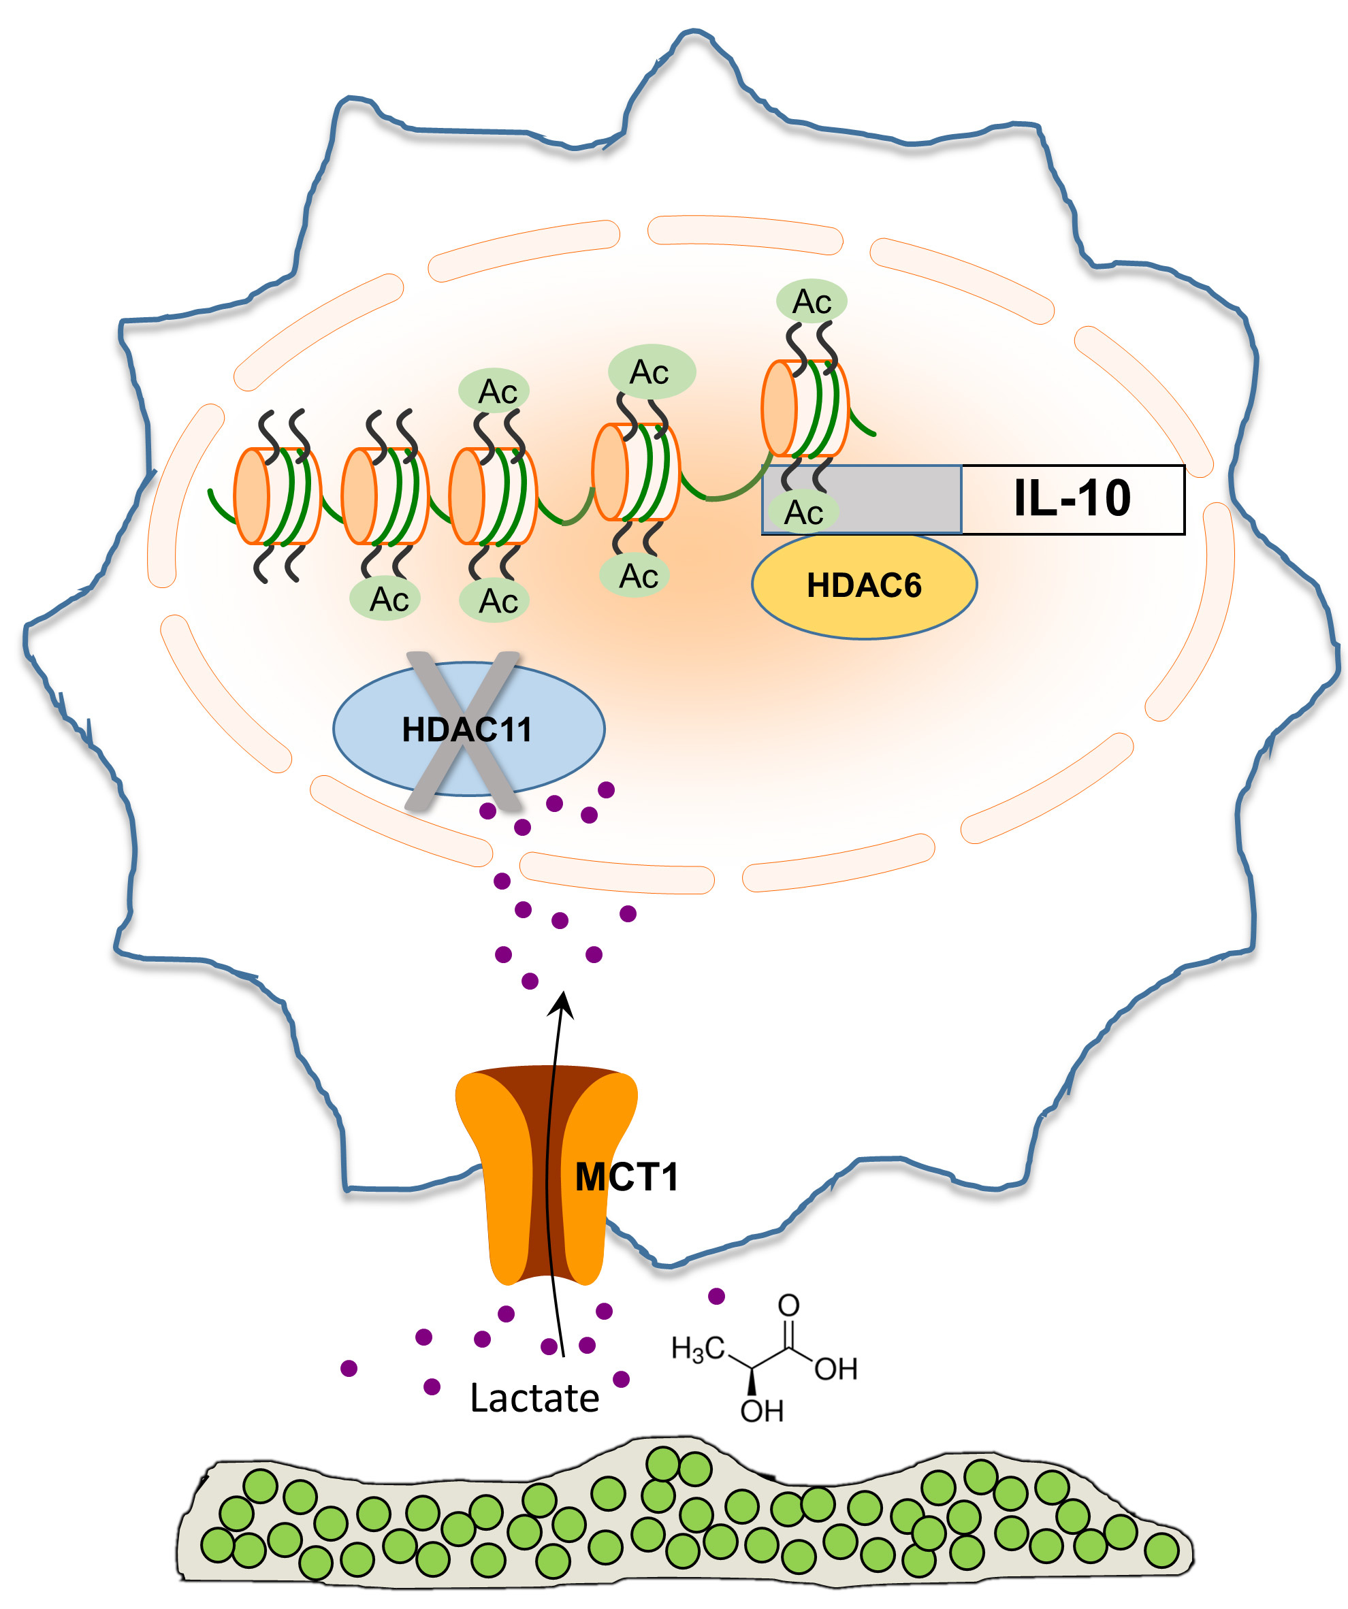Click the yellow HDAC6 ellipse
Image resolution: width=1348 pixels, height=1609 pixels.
click(x=864, y=586)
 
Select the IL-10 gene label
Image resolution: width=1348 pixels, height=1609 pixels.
click(x=1072, y=499)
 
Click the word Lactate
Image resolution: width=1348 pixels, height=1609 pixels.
click(x=534, y=1398)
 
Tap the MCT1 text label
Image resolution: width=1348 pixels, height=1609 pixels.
click(x=626, y=1177)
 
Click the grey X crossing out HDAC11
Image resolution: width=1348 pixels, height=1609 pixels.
click(x=463, y=730)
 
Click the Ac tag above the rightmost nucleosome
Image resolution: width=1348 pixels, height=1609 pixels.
click(x=812, y=301)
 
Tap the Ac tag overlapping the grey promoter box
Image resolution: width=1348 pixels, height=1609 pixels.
click(x=803, y=513)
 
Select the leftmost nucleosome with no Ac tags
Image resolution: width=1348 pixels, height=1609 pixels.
click(x=276, y=496)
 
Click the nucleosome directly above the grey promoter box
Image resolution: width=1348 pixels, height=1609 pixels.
click(x=805, y=409)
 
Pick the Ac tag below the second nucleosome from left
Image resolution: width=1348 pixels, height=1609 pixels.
click(x=389, y=599)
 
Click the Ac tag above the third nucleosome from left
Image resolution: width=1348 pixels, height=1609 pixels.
click(x=496, y=391)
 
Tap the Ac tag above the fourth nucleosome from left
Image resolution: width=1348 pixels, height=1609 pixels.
click(x=651, y=372)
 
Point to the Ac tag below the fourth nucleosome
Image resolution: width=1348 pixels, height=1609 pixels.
click(x=638, y=576)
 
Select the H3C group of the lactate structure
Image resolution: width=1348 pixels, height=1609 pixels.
click(x=696, y=1348)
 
